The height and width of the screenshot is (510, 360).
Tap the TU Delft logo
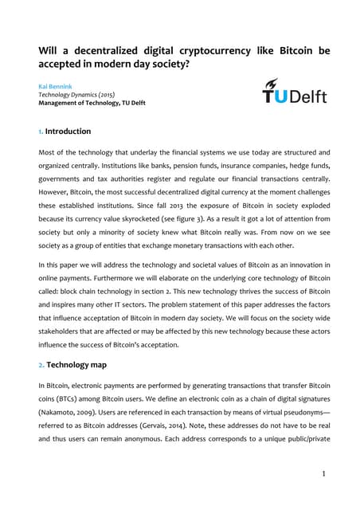(294, 93)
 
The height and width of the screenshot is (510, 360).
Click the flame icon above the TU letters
(272, 82)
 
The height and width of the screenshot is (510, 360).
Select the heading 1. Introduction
(65, 131)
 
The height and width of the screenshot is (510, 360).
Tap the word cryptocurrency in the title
(208, 51)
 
